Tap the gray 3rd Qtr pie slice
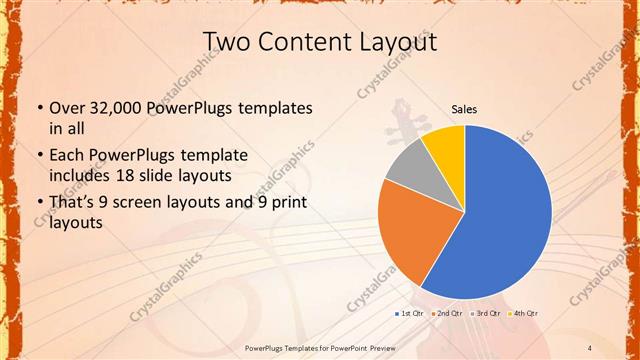coord(408,167)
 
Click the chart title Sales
coord(464,110)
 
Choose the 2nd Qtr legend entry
coord(449,314)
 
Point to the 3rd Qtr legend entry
coord(486,314)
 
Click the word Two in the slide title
coord(227,41)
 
